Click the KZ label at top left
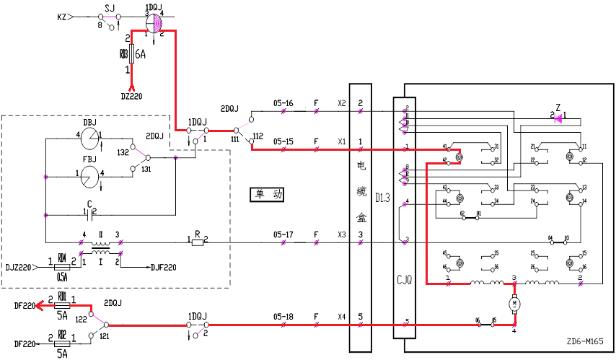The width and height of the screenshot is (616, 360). (62, 16)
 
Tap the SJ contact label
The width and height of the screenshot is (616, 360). (110, 6)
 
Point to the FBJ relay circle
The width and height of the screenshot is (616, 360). (89, 173)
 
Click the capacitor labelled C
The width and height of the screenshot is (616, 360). (90, 214)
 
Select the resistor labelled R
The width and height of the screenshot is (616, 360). (196, 242)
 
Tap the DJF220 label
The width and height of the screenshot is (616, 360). (164, 267)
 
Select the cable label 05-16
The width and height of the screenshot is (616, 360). (283, 104)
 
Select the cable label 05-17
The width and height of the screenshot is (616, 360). (283, 234)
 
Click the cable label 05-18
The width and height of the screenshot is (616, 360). (283, 316)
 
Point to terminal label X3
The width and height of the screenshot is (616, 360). (341, 234)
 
